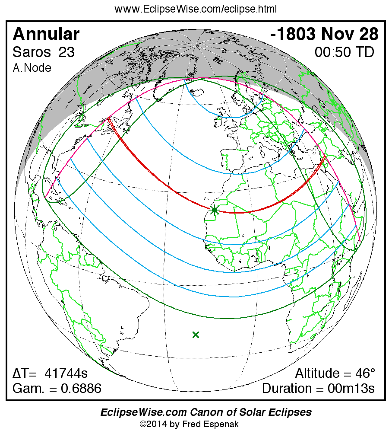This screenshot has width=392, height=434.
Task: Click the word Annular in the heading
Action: (46, 34)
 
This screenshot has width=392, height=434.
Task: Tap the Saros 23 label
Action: (43, 52)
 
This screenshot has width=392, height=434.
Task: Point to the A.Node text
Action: (32, 68)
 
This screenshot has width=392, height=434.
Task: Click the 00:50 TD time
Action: (344, 52)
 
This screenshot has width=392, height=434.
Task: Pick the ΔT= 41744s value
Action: (50, 373)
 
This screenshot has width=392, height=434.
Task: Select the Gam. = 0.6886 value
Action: (57, 388)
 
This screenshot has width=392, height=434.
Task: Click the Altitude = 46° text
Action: (335, 373)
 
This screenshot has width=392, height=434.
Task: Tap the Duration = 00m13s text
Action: (318, 388)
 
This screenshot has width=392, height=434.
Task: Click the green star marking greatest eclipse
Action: (215, 211)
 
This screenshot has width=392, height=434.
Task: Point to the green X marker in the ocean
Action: (196, 334)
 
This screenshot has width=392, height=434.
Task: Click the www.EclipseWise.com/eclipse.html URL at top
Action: (196, 9)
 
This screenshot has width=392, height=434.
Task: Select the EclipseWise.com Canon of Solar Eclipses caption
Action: (206, 412)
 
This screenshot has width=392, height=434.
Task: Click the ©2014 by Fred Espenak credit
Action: (189, 424)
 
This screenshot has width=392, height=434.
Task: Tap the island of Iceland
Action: (196, 93)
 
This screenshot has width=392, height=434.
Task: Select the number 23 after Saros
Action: (66, 52)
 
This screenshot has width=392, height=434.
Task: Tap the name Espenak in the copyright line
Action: (222, 424)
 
